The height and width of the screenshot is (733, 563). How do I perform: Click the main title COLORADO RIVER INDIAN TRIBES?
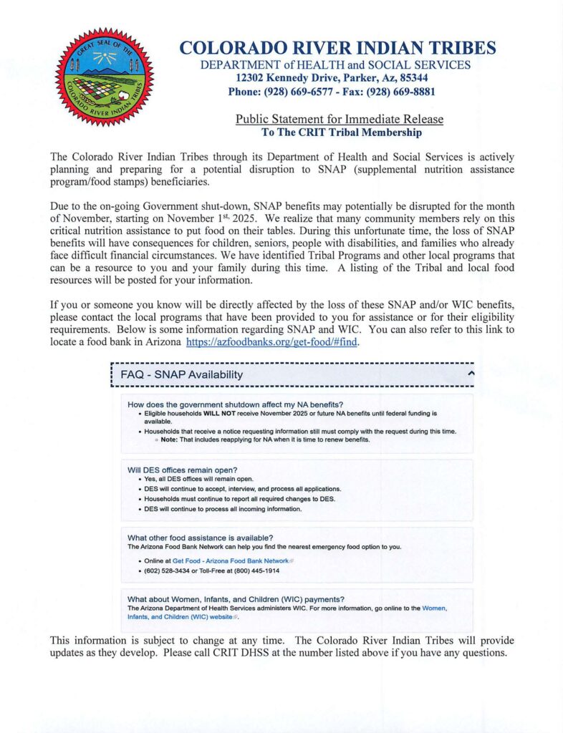337,49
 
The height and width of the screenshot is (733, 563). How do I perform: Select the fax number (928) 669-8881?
404,92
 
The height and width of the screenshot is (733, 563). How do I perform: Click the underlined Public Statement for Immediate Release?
340,119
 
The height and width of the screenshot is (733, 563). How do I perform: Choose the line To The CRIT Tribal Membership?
341,132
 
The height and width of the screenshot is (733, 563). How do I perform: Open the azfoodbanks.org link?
271,343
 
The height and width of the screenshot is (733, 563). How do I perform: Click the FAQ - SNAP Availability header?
182,374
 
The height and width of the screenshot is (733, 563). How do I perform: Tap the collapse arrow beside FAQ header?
471,374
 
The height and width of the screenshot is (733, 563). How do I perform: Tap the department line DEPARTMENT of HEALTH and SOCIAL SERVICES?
336,65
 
